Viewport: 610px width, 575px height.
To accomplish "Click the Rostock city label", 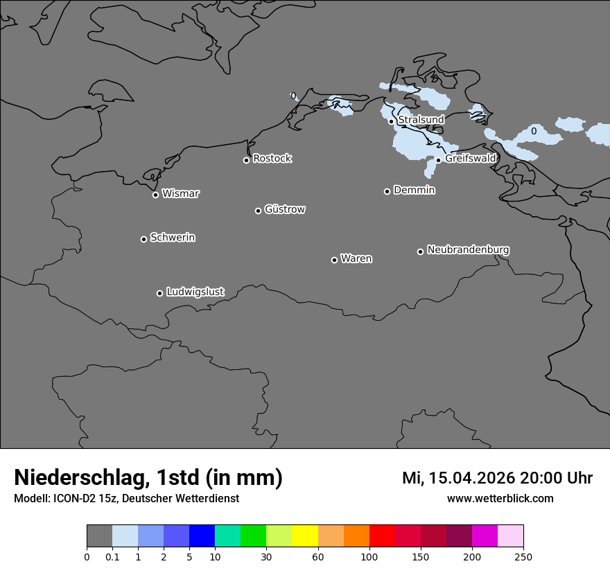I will tap(272, 159).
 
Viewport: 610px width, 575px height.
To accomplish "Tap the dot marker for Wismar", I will tap(156, 195).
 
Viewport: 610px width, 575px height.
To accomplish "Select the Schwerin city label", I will tap(173, 238).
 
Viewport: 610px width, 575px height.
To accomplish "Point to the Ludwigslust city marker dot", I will tap(159, 293).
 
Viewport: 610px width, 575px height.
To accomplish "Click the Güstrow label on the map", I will tap(285, 209).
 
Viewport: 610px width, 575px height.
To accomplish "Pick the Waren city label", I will tap(356, 258).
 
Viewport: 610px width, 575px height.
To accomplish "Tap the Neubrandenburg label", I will tap(468, 249).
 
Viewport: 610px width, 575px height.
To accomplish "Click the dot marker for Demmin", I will tap(387, 191).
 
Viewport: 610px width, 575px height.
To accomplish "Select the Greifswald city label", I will tap(471, 158).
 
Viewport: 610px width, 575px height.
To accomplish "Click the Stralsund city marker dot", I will tap(391, 121).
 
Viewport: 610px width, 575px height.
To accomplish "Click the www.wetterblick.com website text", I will tap(500, 498).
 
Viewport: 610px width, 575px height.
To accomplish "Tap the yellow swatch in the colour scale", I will tap(305, 536).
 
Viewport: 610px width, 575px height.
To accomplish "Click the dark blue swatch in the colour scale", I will tap(202, 536).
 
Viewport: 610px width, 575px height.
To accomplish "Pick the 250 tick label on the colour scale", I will tap(523, 556).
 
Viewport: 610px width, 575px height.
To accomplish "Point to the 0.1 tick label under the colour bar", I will tap(112, 556).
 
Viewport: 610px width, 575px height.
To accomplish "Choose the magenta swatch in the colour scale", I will tap(485, 536).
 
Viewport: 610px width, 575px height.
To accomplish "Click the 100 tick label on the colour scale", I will tap(369, 556).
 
